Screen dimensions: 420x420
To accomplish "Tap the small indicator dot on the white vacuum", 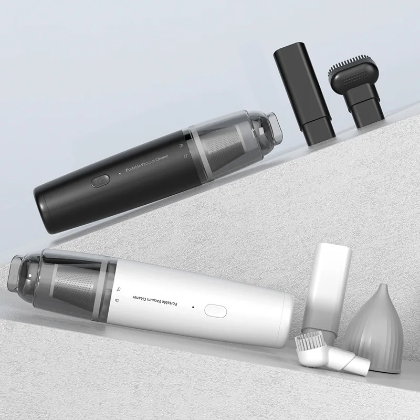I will click(193, 307).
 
